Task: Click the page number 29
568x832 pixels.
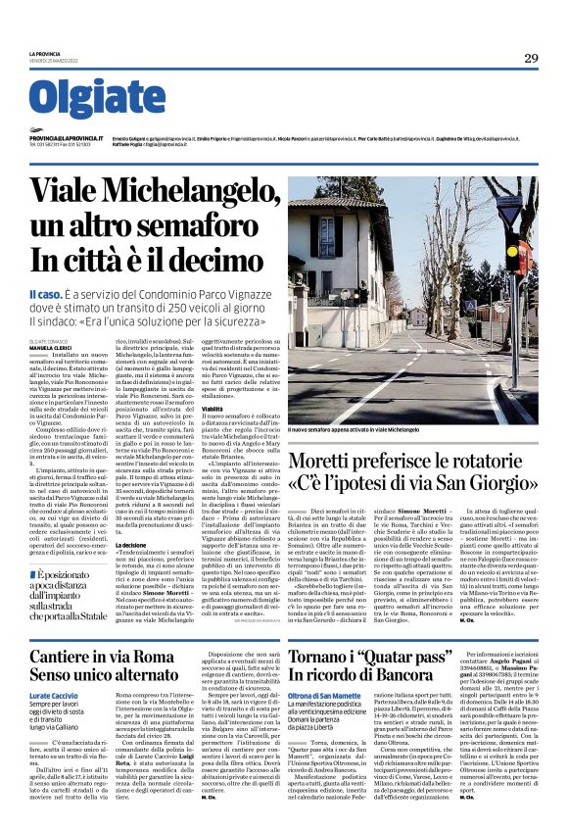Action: [x=530, y=58]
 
